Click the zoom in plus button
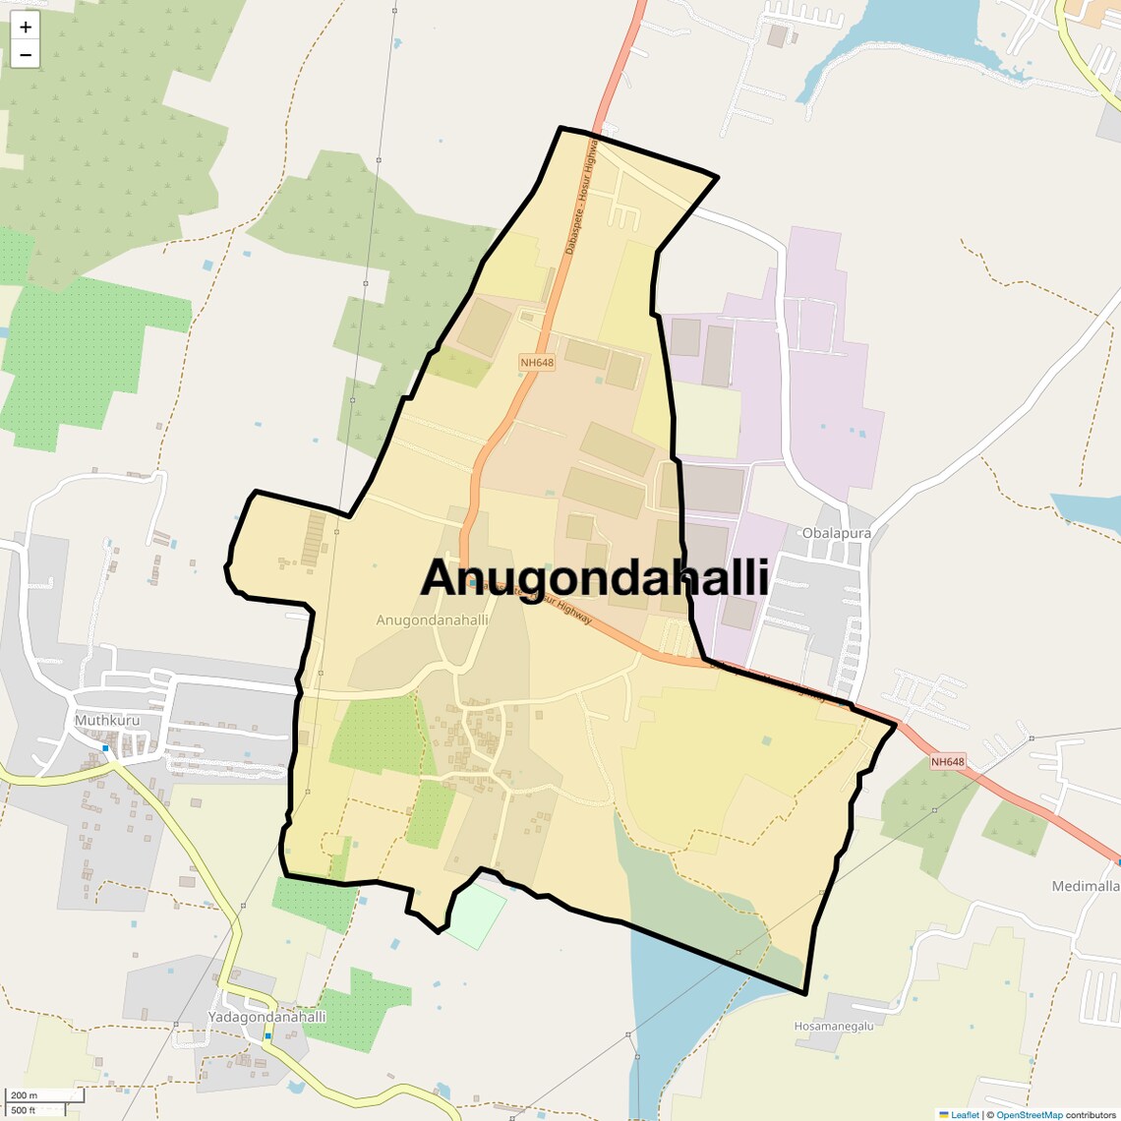coord(26,28)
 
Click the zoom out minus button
coord(26,55)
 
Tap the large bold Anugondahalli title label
coord(594,577)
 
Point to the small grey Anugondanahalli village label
coord(432,620)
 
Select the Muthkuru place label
coord(107,720)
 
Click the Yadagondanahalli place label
coord(266,1017)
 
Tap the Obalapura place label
coord(836,533)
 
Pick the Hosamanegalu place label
coord(834,1027)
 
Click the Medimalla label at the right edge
coord(1086,886)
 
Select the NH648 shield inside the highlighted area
coord(537,363)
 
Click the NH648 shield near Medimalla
coord(948,762)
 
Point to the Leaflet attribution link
coord(964,1114)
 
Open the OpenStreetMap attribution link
coord(1029,1114)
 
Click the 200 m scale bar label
coord(25,1095)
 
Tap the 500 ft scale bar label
coord(25,1110)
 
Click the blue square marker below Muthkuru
coord(105,748)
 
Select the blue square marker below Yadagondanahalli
coord(267,1035)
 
